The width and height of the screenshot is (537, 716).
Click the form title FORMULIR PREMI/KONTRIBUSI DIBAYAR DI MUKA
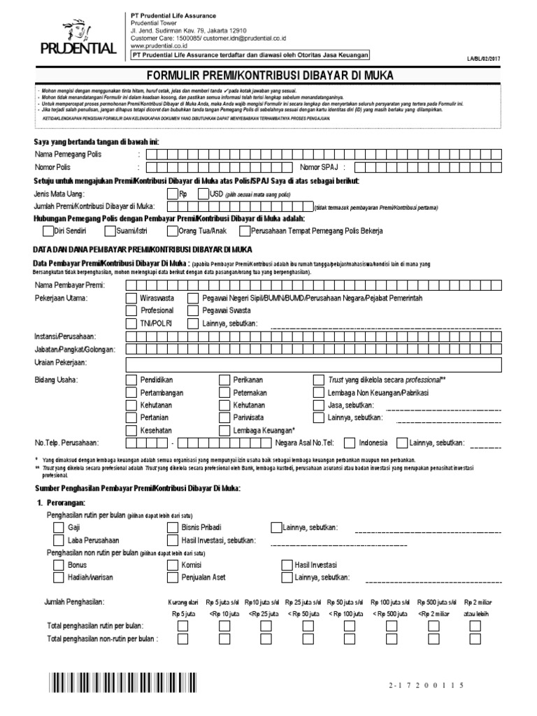[268, 75]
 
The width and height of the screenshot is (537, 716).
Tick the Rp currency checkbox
[172, 194]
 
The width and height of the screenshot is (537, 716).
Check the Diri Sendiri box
[48, 231]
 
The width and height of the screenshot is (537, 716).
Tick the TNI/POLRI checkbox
[131, 322]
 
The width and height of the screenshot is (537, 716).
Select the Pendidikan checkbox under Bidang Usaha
[131, 380]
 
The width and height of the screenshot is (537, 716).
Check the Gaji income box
[59, 527]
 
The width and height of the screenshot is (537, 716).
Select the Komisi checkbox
[172, 565]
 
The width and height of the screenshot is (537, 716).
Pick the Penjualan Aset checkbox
[172, 578]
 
